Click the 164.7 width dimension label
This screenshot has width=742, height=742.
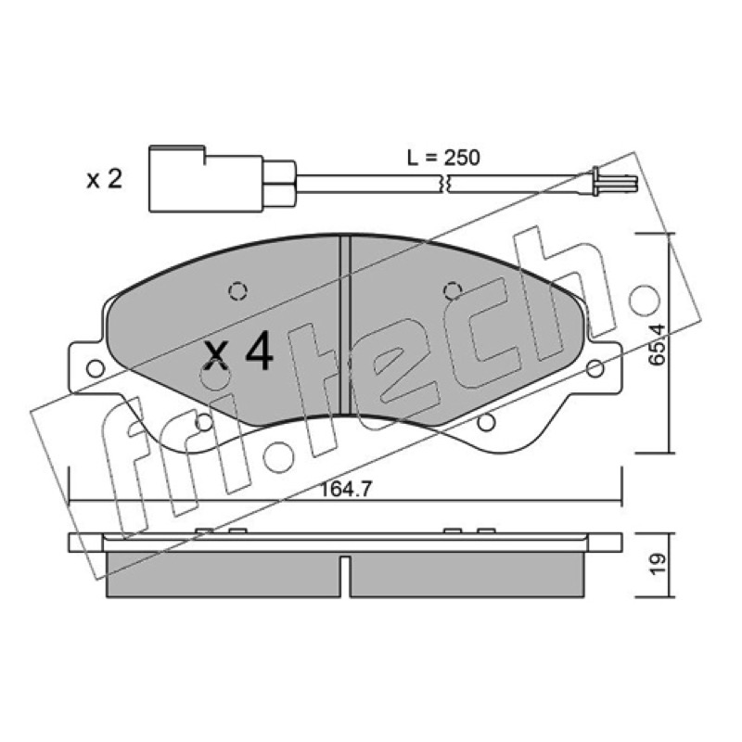[346, 489]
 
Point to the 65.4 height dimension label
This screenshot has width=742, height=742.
[656, 344]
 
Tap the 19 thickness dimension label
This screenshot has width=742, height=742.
[657, 564]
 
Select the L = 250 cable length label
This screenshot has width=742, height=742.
[443, 158]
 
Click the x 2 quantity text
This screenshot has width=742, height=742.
[104, 179]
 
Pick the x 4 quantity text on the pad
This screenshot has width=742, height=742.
[238, 351]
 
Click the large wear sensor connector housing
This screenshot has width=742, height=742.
[206, 179]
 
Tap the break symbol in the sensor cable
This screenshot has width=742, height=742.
[445, 184]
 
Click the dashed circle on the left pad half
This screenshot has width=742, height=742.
[237, 290]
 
